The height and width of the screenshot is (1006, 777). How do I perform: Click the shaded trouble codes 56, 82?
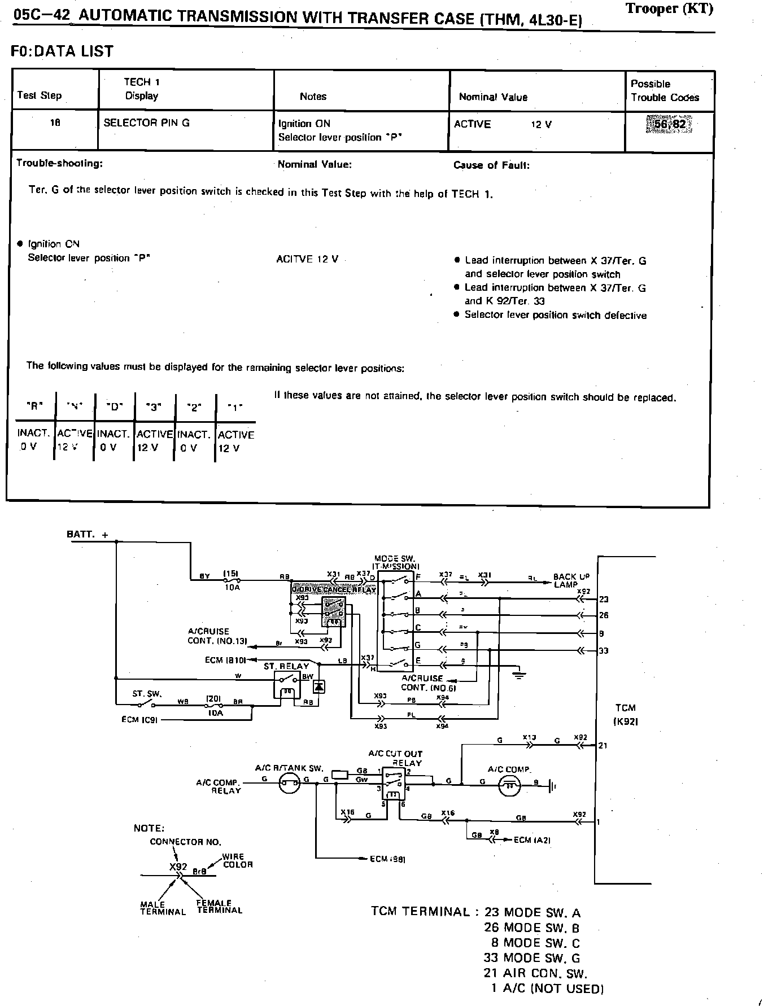click(670, 124)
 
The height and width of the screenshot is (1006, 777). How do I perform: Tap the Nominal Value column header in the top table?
click(493, 97)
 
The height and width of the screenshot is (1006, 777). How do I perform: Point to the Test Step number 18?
click(55, 123)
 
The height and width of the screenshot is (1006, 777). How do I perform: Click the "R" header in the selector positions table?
click(35, 405)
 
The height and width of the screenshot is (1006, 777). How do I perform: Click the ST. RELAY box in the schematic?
click(287, 684)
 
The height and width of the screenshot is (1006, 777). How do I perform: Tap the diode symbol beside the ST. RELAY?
click(319, 686)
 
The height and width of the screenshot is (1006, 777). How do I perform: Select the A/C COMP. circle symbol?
click(510, 784)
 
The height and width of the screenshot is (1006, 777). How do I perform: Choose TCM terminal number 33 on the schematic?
click(604, 650)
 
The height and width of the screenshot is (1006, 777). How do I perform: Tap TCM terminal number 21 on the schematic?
click(603, 745)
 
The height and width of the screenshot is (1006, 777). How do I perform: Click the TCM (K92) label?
click(625, 714)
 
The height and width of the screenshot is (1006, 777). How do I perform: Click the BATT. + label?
click(87, 534)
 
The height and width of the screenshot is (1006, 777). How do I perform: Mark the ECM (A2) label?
click(532, 840)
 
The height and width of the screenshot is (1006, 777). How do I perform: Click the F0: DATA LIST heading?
click(62, 51)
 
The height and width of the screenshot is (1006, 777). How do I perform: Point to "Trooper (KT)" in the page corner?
click(669, 8)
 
